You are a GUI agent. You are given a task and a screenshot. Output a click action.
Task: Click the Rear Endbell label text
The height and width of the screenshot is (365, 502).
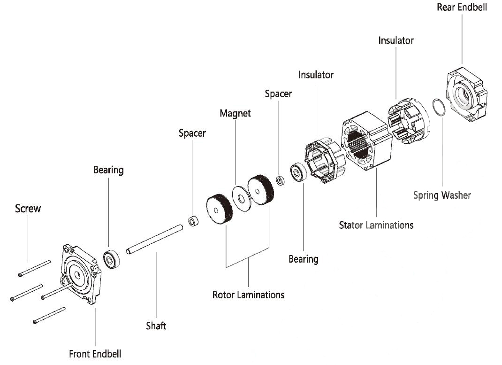462,7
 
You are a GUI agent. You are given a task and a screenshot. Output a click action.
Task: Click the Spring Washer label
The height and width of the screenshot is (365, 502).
441,194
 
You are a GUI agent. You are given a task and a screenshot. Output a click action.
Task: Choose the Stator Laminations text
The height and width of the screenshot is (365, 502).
376,225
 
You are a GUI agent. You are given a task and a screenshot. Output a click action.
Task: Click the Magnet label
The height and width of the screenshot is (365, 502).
235,113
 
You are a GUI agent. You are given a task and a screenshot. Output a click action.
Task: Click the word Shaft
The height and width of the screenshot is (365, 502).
156,325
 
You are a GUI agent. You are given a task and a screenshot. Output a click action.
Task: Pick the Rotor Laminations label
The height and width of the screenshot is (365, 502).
248,295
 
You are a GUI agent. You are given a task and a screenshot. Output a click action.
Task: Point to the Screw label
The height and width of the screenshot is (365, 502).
28,208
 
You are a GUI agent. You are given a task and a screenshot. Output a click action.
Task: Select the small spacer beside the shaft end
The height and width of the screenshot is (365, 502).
193,221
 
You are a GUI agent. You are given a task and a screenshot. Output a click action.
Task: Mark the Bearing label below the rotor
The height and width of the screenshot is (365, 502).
303,259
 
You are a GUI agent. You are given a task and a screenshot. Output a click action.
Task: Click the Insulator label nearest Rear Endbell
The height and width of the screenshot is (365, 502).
396,40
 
